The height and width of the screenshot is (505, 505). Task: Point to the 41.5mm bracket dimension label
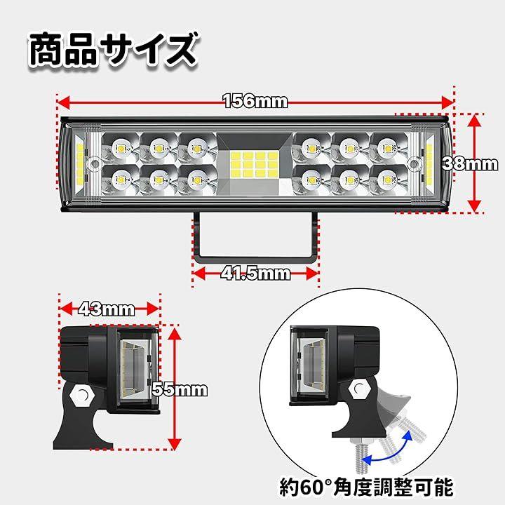255,273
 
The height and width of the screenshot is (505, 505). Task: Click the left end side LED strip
79,163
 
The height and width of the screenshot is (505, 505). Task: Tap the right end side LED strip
427,163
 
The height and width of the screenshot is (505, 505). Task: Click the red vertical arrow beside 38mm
476,163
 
